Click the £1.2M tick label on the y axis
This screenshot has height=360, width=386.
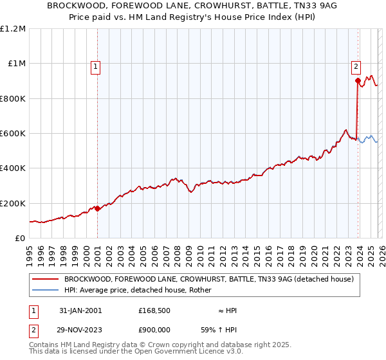point(13,29)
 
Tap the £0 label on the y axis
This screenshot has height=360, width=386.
point(19,239)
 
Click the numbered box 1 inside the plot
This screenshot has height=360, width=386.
point(95,65)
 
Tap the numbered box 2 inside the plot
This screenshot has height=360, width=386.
point(356,65)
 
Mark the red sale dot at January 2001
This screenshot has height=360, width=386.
point(97,208)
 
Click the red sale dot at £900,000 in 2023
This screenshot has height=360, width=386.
point(358,81)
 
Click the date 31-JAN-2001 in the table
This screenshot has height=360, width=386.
point(80,310)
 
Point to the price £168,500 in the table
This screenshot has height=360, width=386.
point(154,310)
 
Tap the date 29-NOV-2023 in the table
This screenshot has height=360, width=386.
point(80,328)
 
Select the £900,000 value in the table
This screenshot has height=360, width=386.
point(154,328)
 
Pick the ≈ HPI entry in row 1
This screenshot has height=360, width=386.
point(227,310)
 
